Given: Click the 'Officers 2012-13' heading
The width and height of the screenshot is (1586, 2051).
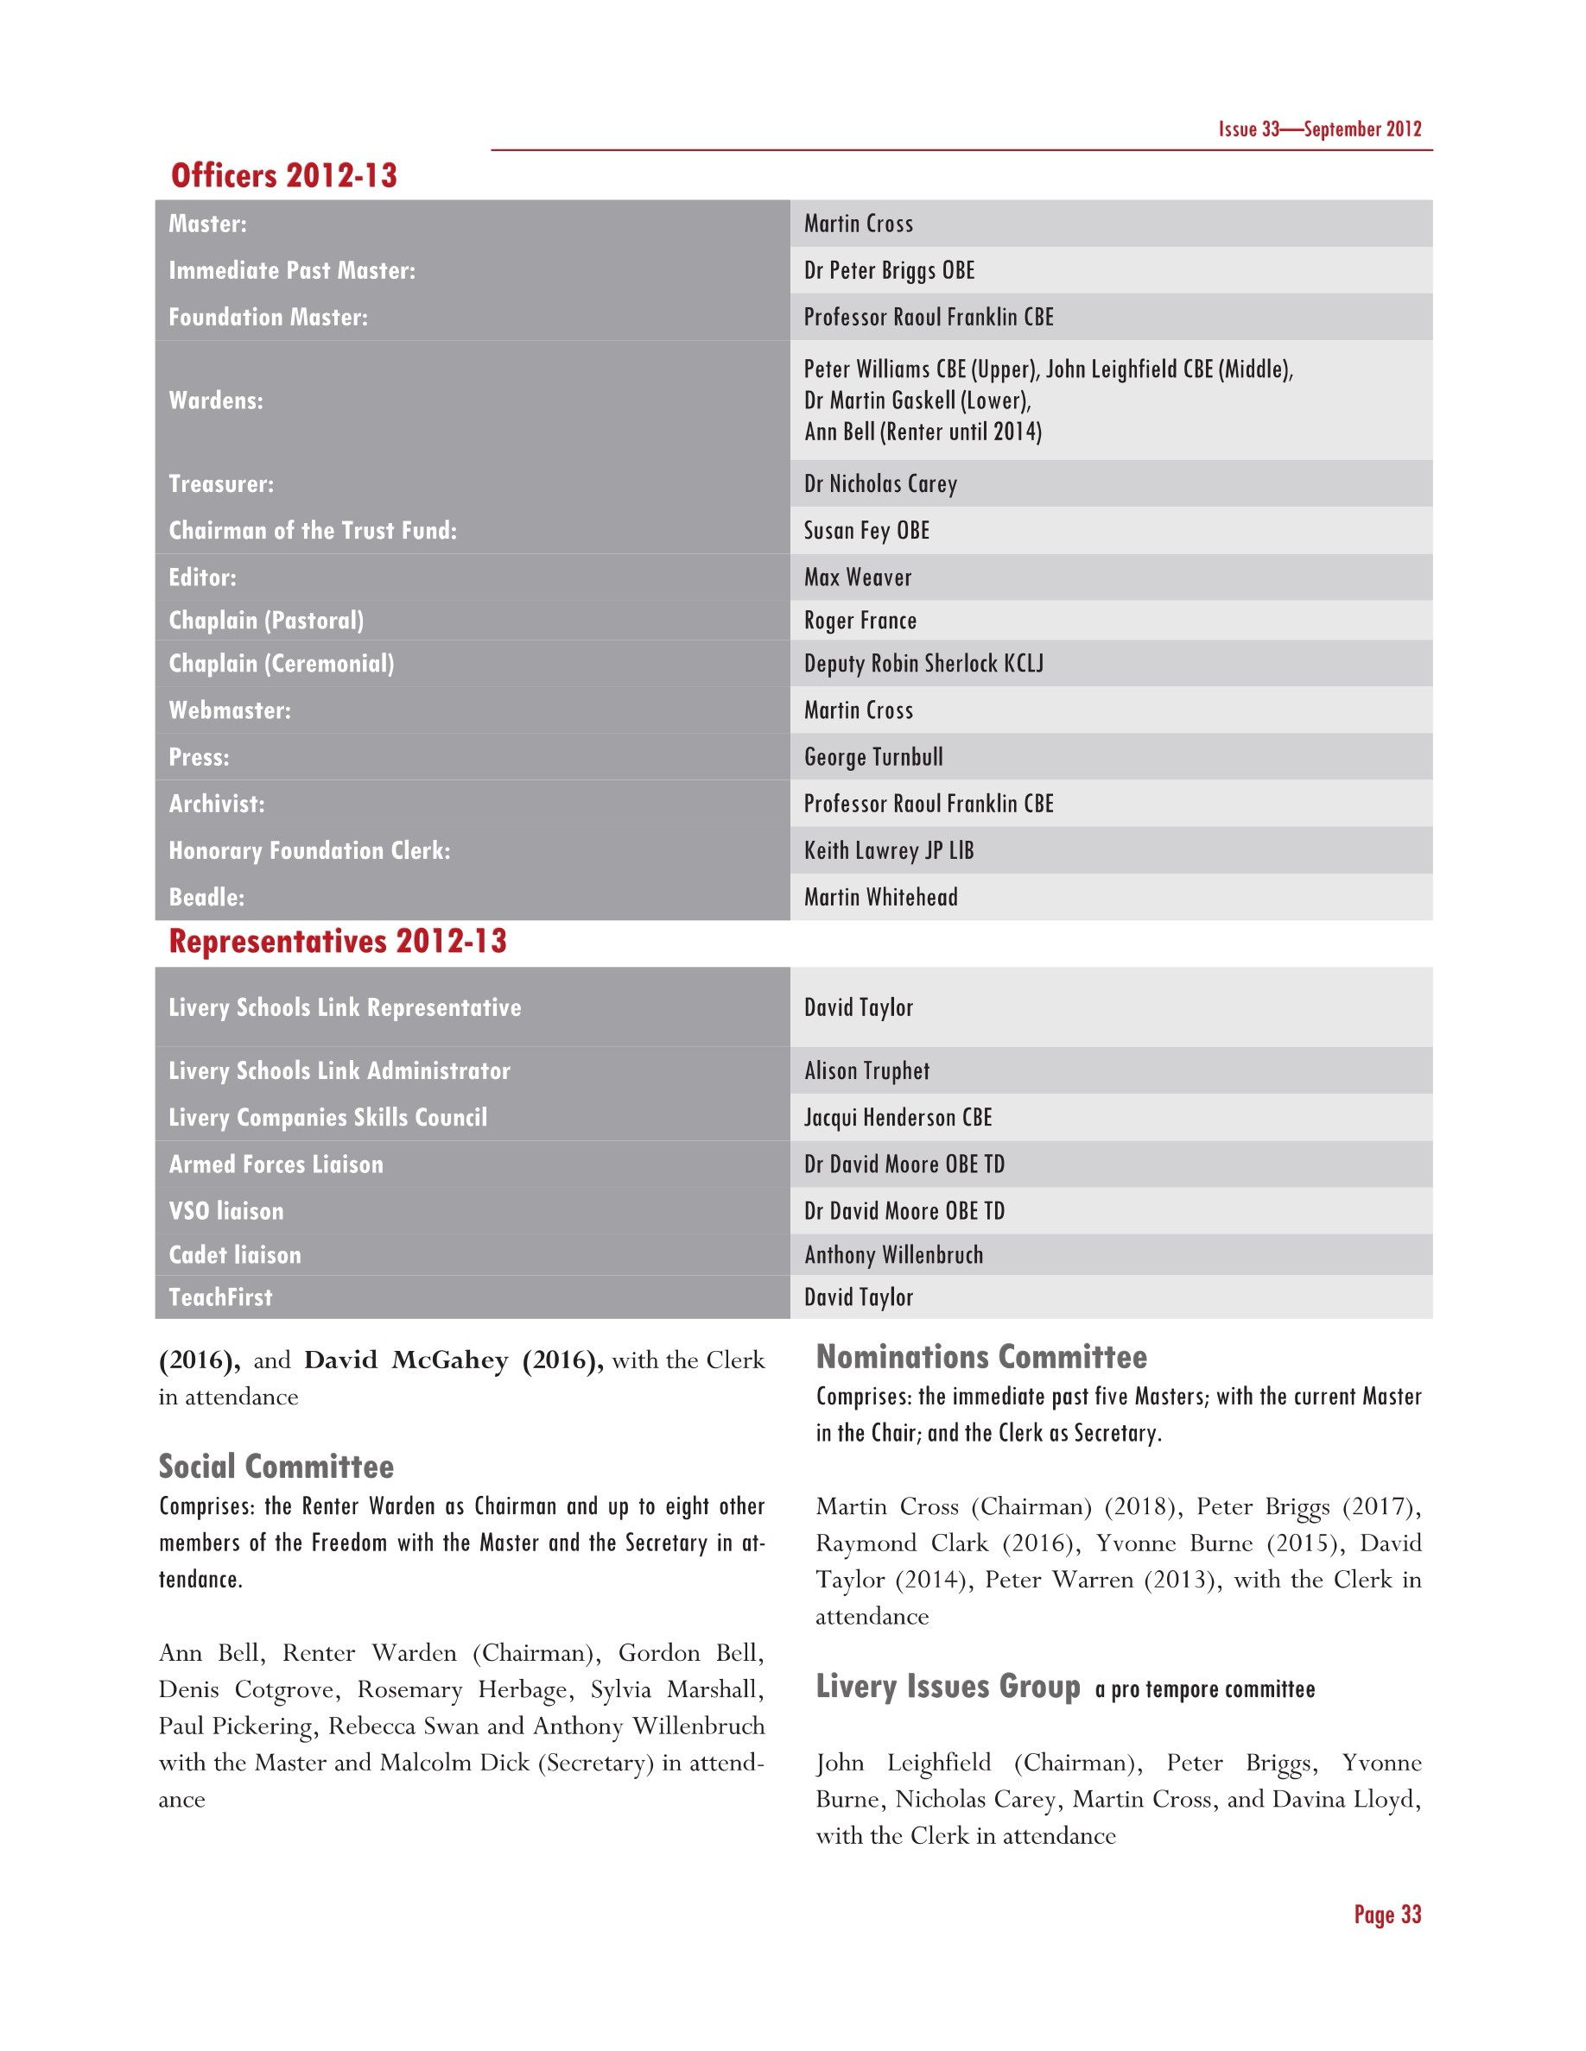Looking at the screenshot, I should (x=283, y=175).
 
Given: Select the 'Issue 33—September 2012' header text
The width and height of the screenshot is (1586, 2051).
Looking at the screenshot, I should (x=1319, y=129).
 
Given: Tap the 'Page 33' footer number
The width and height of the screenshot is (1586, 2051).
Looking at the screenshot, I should (x=1386, y=1914).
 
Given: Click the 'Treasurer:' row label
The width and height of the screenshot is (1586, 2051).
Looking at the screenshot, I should (x=221, y=483).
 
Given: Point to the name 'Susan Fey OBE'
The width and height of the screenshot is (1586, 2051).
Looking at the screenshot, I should (x=866, y=531).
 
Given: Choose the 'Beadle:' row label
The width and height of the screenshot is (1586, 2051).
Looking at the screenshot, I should (x=206, y=897).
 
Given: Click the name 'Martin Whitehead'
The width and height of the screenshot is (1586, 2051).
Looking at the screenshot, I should (x=880, y=897).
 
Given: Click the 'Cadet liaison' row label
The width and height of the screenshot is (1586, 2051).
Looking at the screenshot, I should (x=235, y=1254).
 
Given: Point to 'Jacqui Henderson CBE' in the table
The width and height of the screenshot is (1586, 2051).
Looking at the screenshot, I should (x=898, y=1118).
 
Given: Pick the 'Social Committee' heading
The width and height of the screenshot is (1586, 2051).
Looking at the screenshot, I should (x=276, y=1466).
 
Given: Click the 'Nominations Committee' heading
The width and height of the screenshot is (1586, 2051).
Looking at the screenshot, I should (x=981, y=1357).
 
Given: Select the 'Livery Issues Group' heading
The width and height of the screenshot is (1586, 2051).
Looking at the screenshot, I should (x=947, y=1687).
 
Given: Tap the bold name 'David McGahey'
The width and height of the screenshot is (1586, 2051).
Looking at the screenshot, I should (x=406, y=1360).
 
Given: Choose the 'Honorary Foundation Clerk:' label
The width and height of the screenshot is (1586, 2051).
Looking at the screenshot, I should (x=309, y=851).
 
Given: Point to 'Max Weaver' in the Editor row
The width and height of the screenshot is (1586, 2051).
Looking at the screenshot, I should (x=857, y=577).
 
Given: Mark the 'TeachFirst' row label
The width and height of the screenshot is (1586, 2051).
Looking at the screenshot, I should (x=220, y=1297).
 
